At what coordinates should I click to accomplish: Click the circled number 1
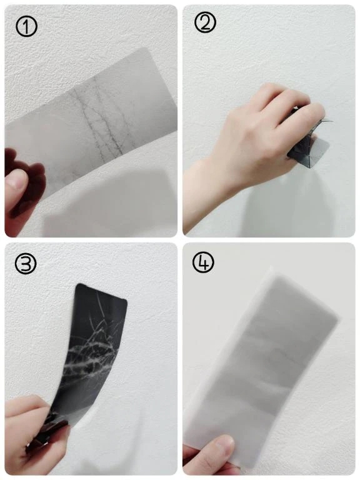pyautogui.click(x=26, y=26)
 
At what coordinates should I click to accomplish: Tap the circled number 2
pyautogui.click(x=205, y=22)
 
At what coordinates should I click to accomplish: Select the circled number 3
pyautogui.click(x=26, y=263)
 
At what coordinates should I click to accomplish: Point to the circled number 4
pyautogui.click(x=204, y=262)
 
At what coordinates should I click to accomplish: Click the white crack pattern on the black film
pyautogui.click(x=92, y=352)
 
